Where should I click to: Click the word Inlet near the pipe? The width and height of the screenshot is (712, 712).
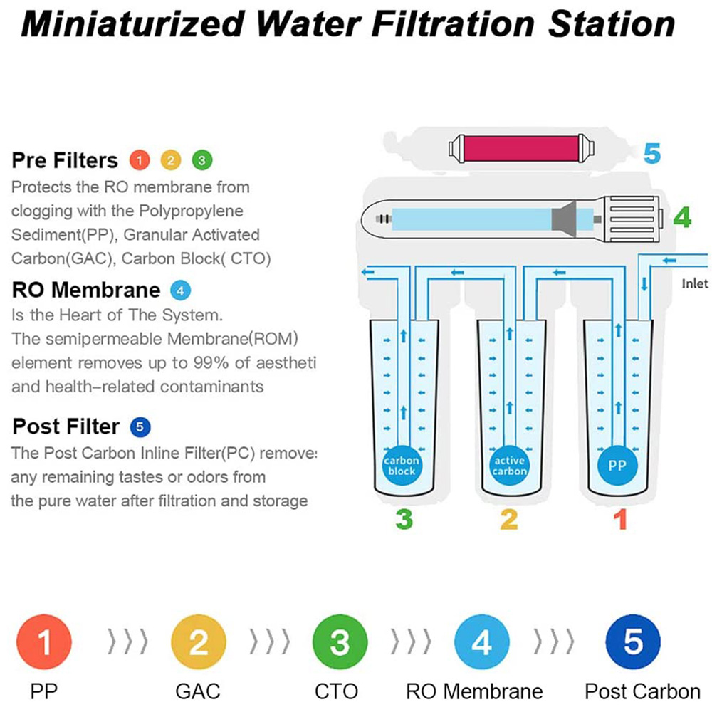(x=695, y=284)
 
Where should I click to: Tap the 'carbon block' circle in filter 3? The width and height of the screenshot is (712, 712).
(x=402, y=466)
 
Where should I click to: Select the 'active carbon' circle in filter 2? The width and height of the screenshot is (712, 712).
(x=509, y=466)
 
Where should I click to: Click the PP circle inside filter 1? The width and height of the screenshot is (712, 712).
(x=617, y=466)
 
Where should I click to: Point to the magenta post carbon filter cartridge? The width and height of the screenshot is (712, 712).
(x=515, y=149)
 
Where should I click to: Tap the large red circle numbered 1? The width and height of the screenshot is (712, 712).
(x=44, y=644)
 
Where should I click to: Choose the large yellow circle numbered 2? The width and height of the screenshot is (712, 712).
(x=198, y=644)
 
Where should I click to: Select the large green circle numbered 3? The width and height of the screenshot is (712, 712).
(x=340, y=644)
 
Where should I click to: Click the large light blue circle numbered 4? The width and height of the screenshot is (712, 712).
(x=482, y=644)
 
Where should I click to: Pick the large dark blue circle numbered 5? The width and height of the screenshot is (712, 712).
(x=632, y=644)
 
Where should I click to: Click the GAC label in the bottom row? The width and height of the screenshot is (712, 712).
(x=198, y=691)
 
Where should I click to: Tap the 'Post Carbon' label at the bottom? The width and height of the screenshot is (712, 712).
(x=642, y=691)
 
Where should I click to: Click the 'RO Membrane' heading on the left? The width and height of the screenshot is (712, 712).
(x=86, y=290)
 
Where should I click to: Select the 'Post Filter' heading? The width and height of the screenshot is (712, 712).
(x=66, y=426)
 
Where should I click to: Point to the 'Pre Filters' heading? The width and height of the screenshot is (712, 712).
(x=64, y=160)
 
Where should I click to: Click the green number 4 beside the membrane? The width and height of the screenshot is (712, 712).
(x=682, y=218)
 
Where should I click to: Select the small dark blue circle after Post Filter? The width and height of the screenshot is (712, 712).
(x=140, y=427)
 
